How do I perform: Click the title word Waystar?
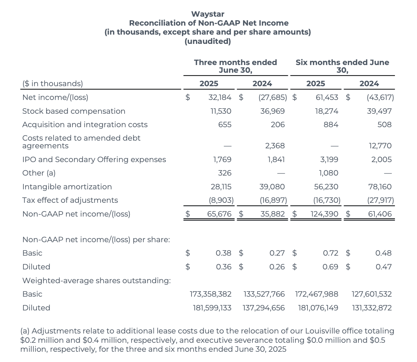point(208,14)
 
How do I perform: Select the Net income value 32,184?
point(220,97)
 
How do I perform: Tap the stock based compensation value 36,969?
point(272,111)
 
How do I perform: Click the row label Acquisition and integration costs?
point(85,125)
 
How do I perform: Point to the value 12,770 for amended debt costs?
point(380,146)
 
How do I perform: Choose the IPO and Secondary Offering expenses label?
point(94,160)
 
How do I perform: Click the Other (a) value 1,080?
point(328,173)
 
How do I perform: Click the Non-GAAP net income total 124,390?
point(324,214)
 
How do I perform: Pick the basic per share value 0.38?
point(223,253)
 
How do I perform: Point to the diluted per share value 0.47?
point(383,267)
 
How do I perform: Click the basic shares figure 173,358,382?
point(210,294)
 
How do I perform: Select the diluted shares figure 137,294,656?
point(264,308)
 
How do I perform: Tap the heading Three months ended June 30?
point(235,66)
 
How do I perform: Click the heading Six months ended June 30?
point(342,66)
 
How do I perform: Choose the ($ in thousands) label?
point(53,84)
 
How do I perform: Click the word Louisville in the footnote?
point(325,331)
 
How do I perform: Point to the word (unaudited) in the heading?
point(208,41)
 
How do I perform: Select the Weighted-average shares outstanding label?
point(96,281)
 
